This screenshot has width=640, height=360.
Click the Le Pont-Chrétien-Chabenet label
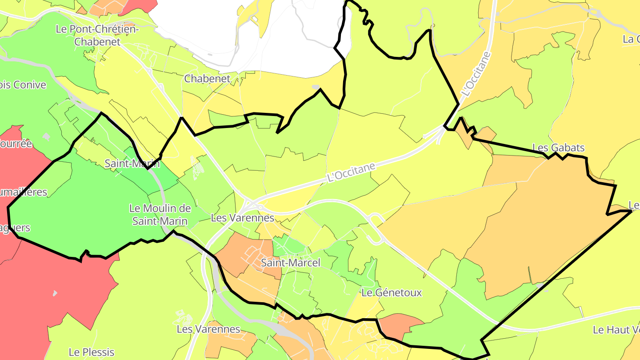(97, 36)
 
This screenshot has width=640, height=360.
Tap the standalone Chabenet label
(207, 79)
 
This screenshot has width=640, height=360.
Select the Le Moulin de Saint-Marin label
(160, 214)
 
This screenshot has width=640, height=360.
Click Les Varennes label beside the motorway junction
(243, 218)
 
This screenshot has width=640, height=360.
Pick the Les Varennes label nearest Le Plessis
(208, 329)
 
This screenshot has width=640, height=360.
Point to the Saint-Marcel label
(290, 263)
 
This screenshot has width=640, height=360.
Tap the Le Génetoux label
(392, 293)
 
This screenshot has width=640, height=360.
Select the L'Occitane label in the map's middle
(351, 172)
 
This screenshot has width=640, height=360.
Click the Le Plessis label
(91, 352)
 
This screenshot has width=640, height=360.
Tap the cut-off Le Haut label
(616, 330)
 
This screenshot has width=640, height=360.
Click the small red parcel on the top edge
(138, 6)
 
